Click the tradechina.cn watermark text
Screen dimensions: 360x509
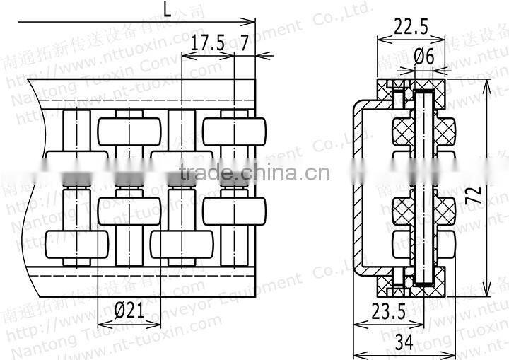pyautogui.click(x=254, y=172)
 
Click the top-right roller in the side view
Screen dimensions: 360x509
pyautogui.click(x=234, y=132)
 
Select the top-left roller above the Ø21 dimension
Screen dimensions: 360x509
pyautogui.click(x=129, y=132)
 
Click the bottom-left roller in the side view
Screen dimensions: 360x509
pyautogui.click(x=76, y=244)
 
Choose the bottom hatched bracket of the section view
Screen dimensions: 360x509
pyautogui.click(x=410, y=285)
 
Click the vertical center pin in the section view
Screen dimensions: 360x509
pyautogui.click(x=425, y=187)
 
